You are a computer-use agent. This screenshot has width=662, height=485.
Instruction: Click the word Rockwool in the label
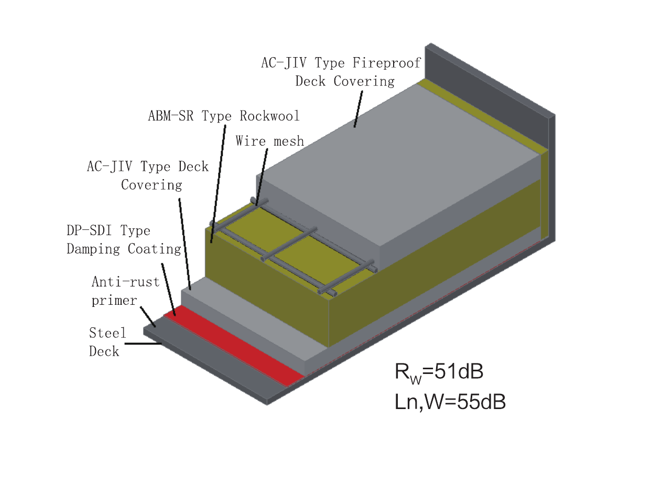pos(269,116)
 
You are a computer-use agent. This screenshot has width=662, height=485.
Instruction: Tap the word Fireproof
pos(387,63)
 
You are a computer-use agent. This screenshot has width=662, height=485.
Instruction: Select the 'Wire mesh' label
pos(270,141)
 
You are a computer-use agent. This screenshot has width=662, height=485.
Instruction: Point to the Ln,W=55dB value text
pos(450,402)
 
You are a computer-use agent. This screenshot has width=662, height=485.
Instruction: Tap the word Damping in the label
pos(93,249)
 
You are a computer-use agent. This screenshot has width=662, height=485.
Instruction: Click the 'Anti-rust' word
pos(126,282)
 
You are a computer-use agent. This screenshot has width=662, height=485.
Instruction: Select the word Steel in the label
pos(107,333)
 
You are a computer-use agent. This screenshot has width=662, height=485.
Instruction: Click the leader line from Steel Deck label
pos(143,344)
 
